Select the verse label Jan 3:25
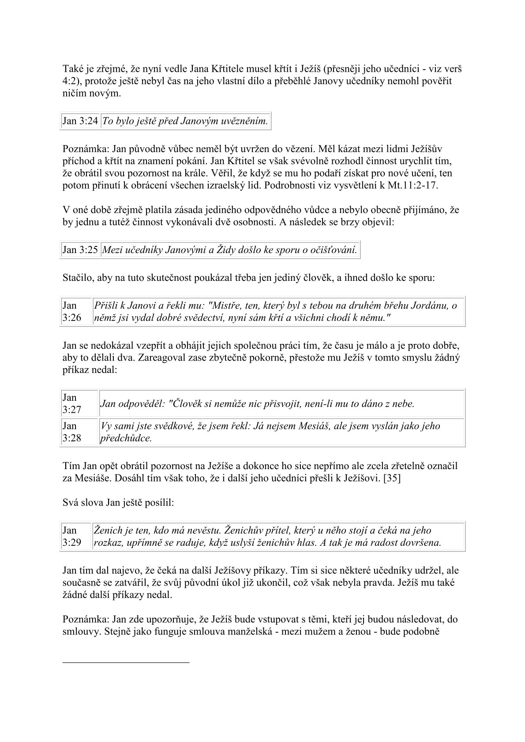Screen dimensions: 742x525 pyautogui.click(x=80, y=250)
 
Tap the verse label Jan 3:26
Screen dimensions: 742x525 pyautogui.click(x=72, y=311)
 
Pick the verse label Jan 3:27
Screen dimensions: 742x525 pyautogui.click(x=72, y=404)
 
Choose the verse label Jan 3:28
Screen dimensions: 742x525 pyautogui.click(x=72, y=432)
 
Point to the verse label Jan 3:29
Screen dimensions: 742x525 pyautogui.click(x=72, y=537)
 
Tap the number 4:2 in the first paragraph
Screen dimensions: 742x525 pyautogui.click(x=70, y=81)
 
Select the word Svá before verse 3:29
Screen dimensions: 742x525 pyautogui.click(x=71, y=503)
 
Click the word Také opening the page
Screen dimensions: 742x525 pyautogui.click(x=72, y=69)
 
